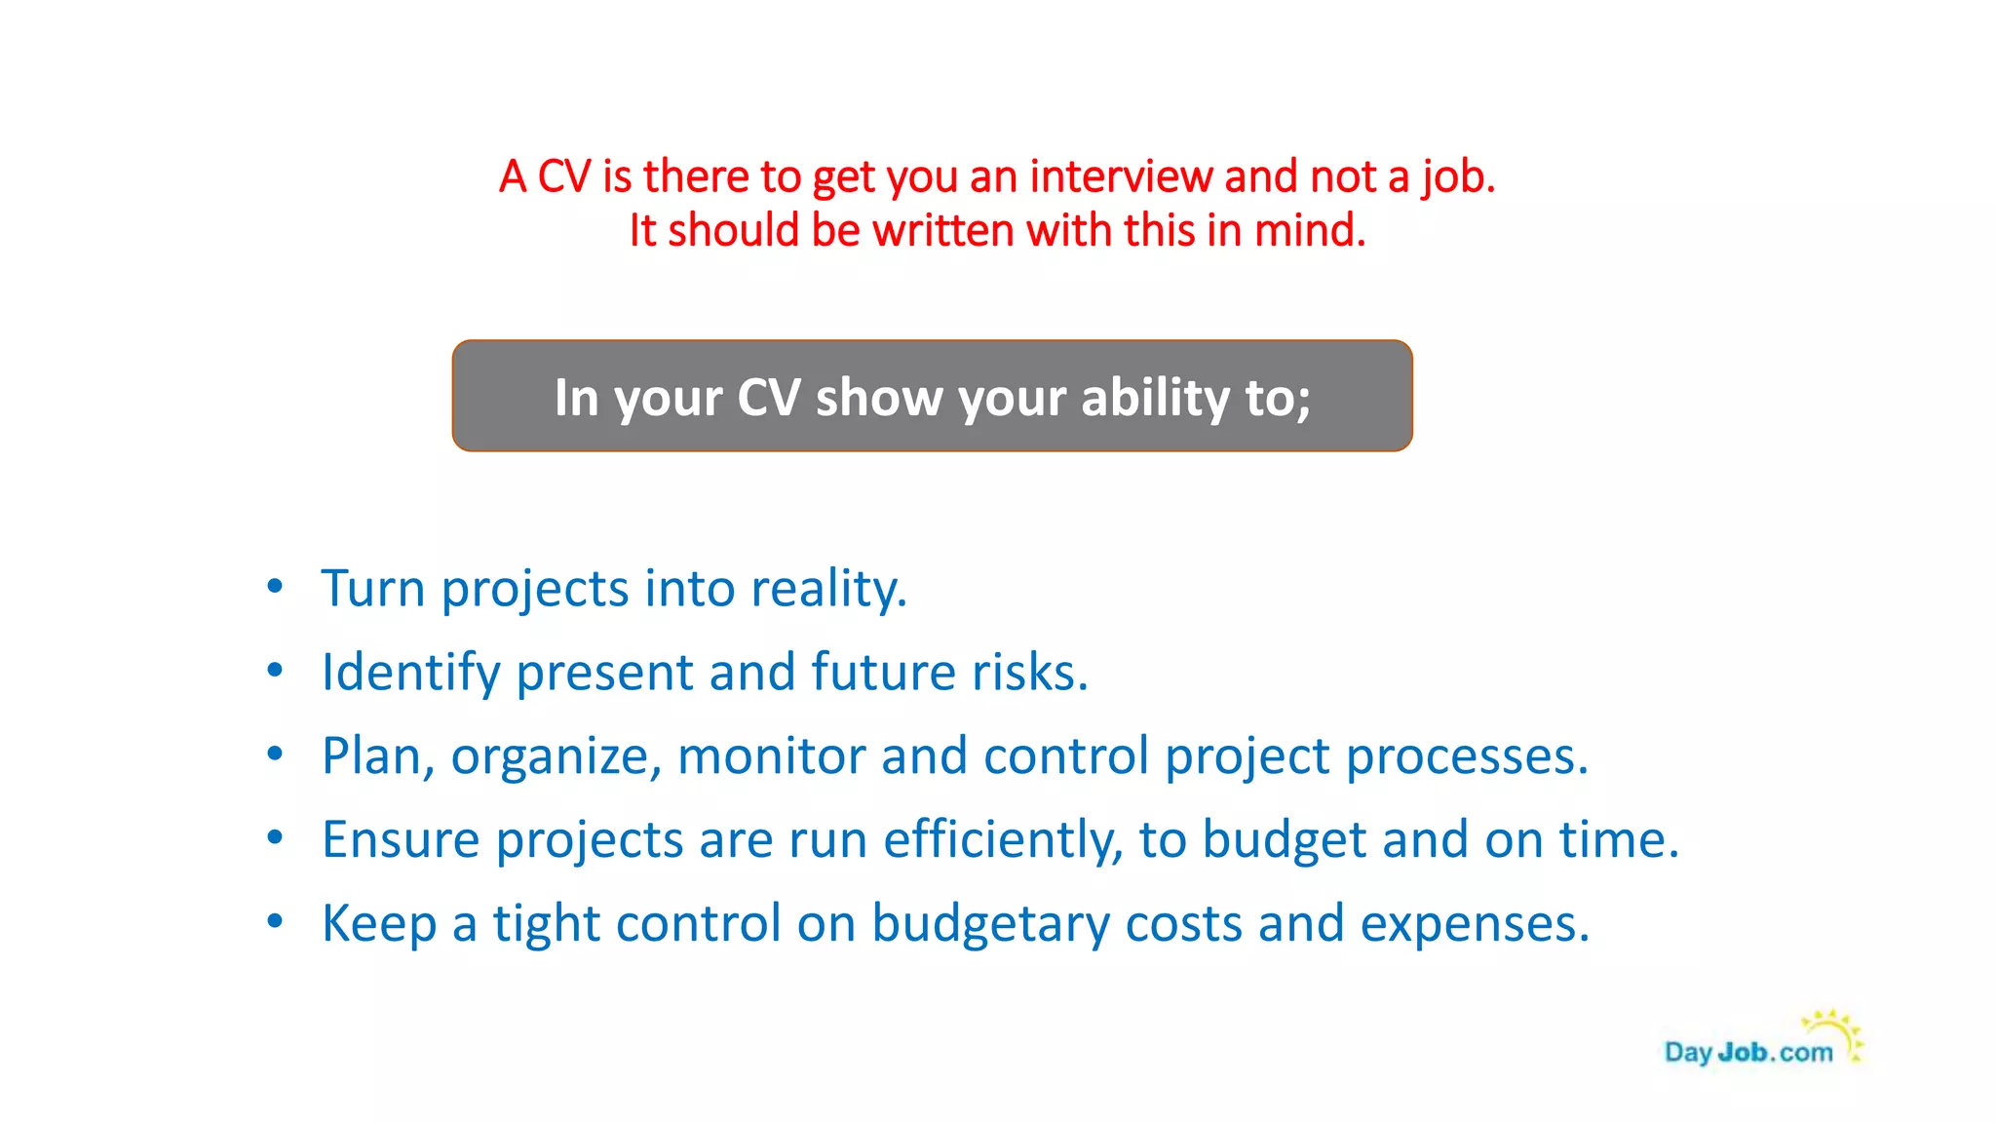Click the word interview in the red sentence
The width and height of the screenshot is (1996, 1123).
(x=1121, y=177)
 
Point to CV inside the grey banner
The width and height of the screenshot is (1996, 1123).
(x=768, y=398)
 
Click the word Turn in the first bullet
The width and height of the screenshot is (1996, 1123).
(x=373, y=589)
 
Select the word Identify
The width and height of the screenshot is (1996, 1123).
(x=410, y=673)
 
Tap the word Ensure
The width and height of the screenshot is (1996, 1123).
(x=401, y=840)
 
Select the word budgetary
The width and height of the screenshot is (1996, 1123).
(x=990, y=924)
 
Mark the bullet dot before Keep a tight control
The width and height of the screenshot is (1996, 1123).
(x=276, y=921)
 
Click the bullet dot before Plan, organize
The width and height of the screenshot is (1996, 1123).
(x=276, y=754)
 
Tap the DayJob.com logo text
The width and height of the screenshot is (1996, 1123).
(x=1748, y=1053)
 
